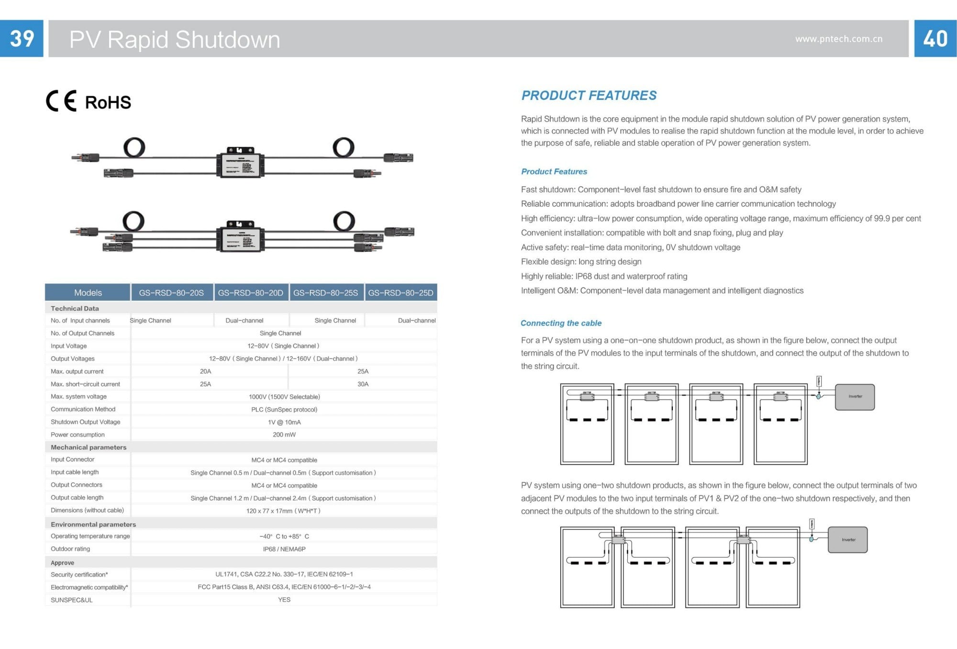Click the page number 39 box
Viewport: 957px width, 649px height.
point(22,38)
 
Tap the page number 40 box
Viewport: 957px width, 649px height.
point(935,38)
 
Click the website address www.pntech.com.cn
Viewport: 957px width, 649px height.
point(838,39)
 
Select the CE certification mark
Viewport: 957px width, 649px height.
point(61,101)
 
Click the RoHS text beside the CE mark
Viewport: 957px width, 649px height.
point(108,102)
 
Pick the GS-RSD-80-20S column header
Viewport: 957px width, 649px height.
point(171,292)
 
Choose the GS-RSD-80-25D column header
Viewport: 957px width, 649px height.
point(401,292)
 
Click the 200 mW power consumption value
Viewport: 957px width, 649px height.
point(284,435)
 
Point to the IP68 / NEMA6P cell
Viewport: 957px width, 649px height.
point(284,549)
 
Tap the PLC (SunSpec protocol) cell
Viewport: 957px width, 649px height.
point(284,409)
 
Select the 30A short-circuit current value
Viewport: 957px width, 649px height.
point(363,384)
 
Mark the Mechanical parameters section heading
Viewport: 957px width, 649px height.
point(89,447)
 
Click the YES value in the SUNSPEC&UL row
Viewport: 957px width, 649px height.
point(284,600)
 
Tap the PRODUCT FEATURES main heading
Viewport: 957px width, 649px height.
point(589,95)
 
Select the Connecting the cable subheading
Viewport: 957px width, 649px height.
point(561,323)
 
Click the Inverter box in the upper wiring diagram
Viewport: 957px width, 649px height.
point(855,397)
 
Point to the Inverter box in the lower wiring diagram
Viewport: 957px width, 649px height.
point(847,540)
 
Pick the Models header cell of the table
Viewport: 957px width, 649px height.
point(88,292)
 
